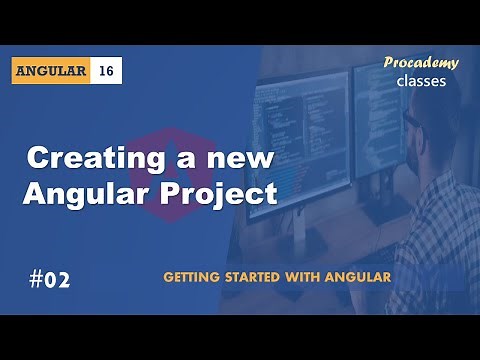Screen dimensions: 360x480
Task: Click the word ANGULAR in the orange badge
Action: click(53, 71)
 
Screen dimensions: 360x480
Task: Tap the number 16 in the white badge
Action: click(107, 71)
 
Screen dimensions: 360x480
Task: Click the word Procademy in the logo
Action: click(421, 63)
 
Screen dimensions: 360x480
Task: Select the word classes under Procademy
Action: click(421, 81)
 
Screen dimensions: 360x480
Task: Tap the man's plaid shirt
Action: click(440, 230)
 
